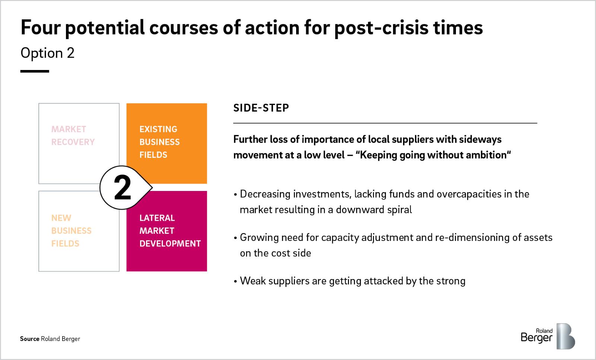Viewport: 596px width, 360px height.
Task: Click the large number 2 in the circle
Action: tap(123, 188)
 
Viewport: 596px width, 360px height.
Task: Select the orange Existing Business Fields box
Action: tap(167, 143)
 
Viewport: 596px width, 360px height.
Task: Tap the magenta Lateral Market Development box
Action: tap(167, 231)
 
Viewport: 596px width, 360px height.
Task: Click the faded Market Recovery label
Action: tap(73, 136)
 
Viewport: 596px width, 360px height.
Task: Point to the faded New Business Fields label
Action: tap(71, 231)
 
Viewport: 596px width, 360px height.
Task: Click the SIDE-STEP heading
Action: tap(261, 108)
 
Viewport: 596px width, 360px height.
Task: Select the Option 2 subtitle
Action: tap(47, 53)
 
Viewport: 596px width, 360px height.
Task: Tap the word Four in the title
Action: tap(41, 28)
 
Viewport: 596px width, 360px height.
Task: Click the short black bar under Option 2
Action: tap(35, 71)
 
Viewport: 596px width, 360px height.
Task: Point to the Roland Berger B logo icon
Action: tap(566, 336)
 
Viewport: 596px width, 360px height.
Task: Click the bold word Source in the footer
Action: tap(29, 339)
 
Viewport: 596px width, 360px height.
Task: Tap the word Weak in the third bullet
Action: tap(253, 281)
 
